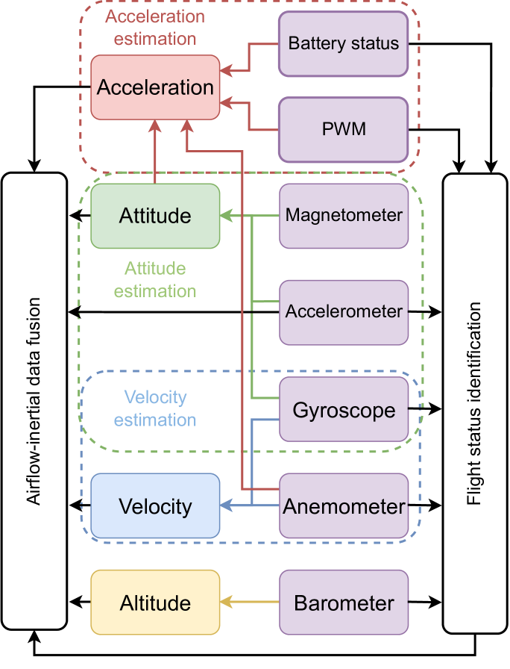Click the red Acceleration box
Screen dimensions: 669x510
click(x=155, y=87)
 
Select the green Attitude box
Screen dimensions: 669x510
click(x=155, y=216)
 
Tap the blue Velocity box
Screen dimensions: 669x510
click(x=155, y=506)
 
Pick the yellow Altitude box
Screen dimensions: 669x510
click(x=155, y=603)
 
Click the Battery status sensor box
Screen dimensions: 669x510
click(x=344, y=43)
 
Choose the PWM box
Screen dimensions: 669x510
click(x=344, y=129)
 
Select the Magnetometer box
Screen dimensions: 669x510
click(x=344, y=216)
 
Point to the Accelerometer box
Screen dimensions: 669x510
click(x=344, y=312)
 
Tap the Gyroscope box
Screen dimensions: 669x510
click(x=344, y=410)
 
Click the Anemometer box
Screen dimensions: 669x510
click(x=344, y=506)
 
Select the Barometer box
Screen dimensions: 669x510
click(x=344, y=603)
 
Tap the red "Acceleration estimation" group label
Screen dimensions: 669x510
click(x=154, y=28)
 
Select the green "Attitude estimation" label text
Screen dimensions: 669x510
click(x=155, y=280)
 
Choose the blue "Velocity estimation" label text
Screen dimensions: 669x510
click(x=155, y=408)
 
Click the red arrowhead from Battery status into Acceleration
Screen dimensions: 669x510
click(x=226, y=72)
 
